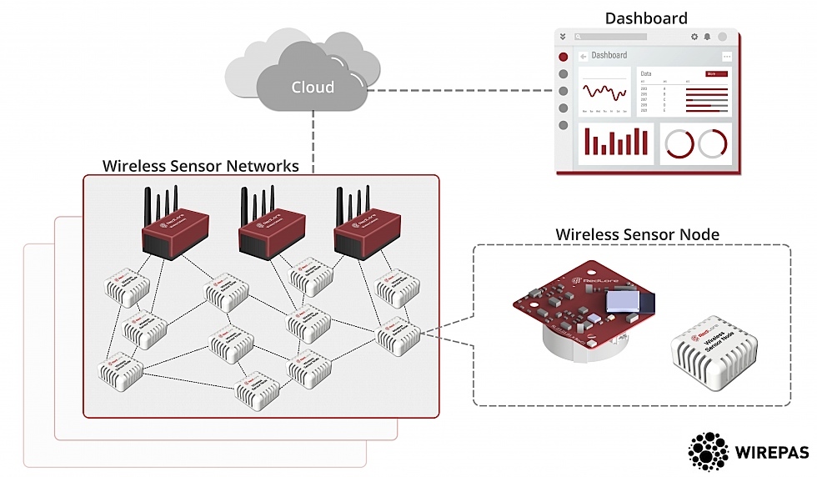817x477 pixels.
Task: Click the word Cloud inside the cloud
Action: [x=313, y=87]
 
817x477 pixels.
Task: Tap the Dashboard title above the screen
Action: [x=646, y=18]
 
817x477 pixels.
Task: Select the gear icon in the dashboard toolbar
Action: [x=694, y=37]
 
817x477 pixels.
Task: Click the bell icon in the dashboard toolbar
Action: [x=708, y=37]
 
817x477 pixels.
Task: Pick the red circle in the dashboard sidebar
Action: [x=564, y=57]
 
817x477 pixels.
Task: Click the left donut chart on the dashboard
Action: [x=678, y=143]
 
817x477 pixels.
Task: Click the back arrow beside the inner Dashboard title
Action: [x=582, y=57]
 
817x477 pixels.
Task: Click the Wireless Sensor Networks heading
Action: [x=200, y=165]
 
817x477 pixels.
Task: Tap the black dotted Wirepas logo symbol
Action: [x=708, y=451]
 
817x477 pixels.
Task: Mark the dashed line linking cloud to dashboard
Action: [x=459, y=89]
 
